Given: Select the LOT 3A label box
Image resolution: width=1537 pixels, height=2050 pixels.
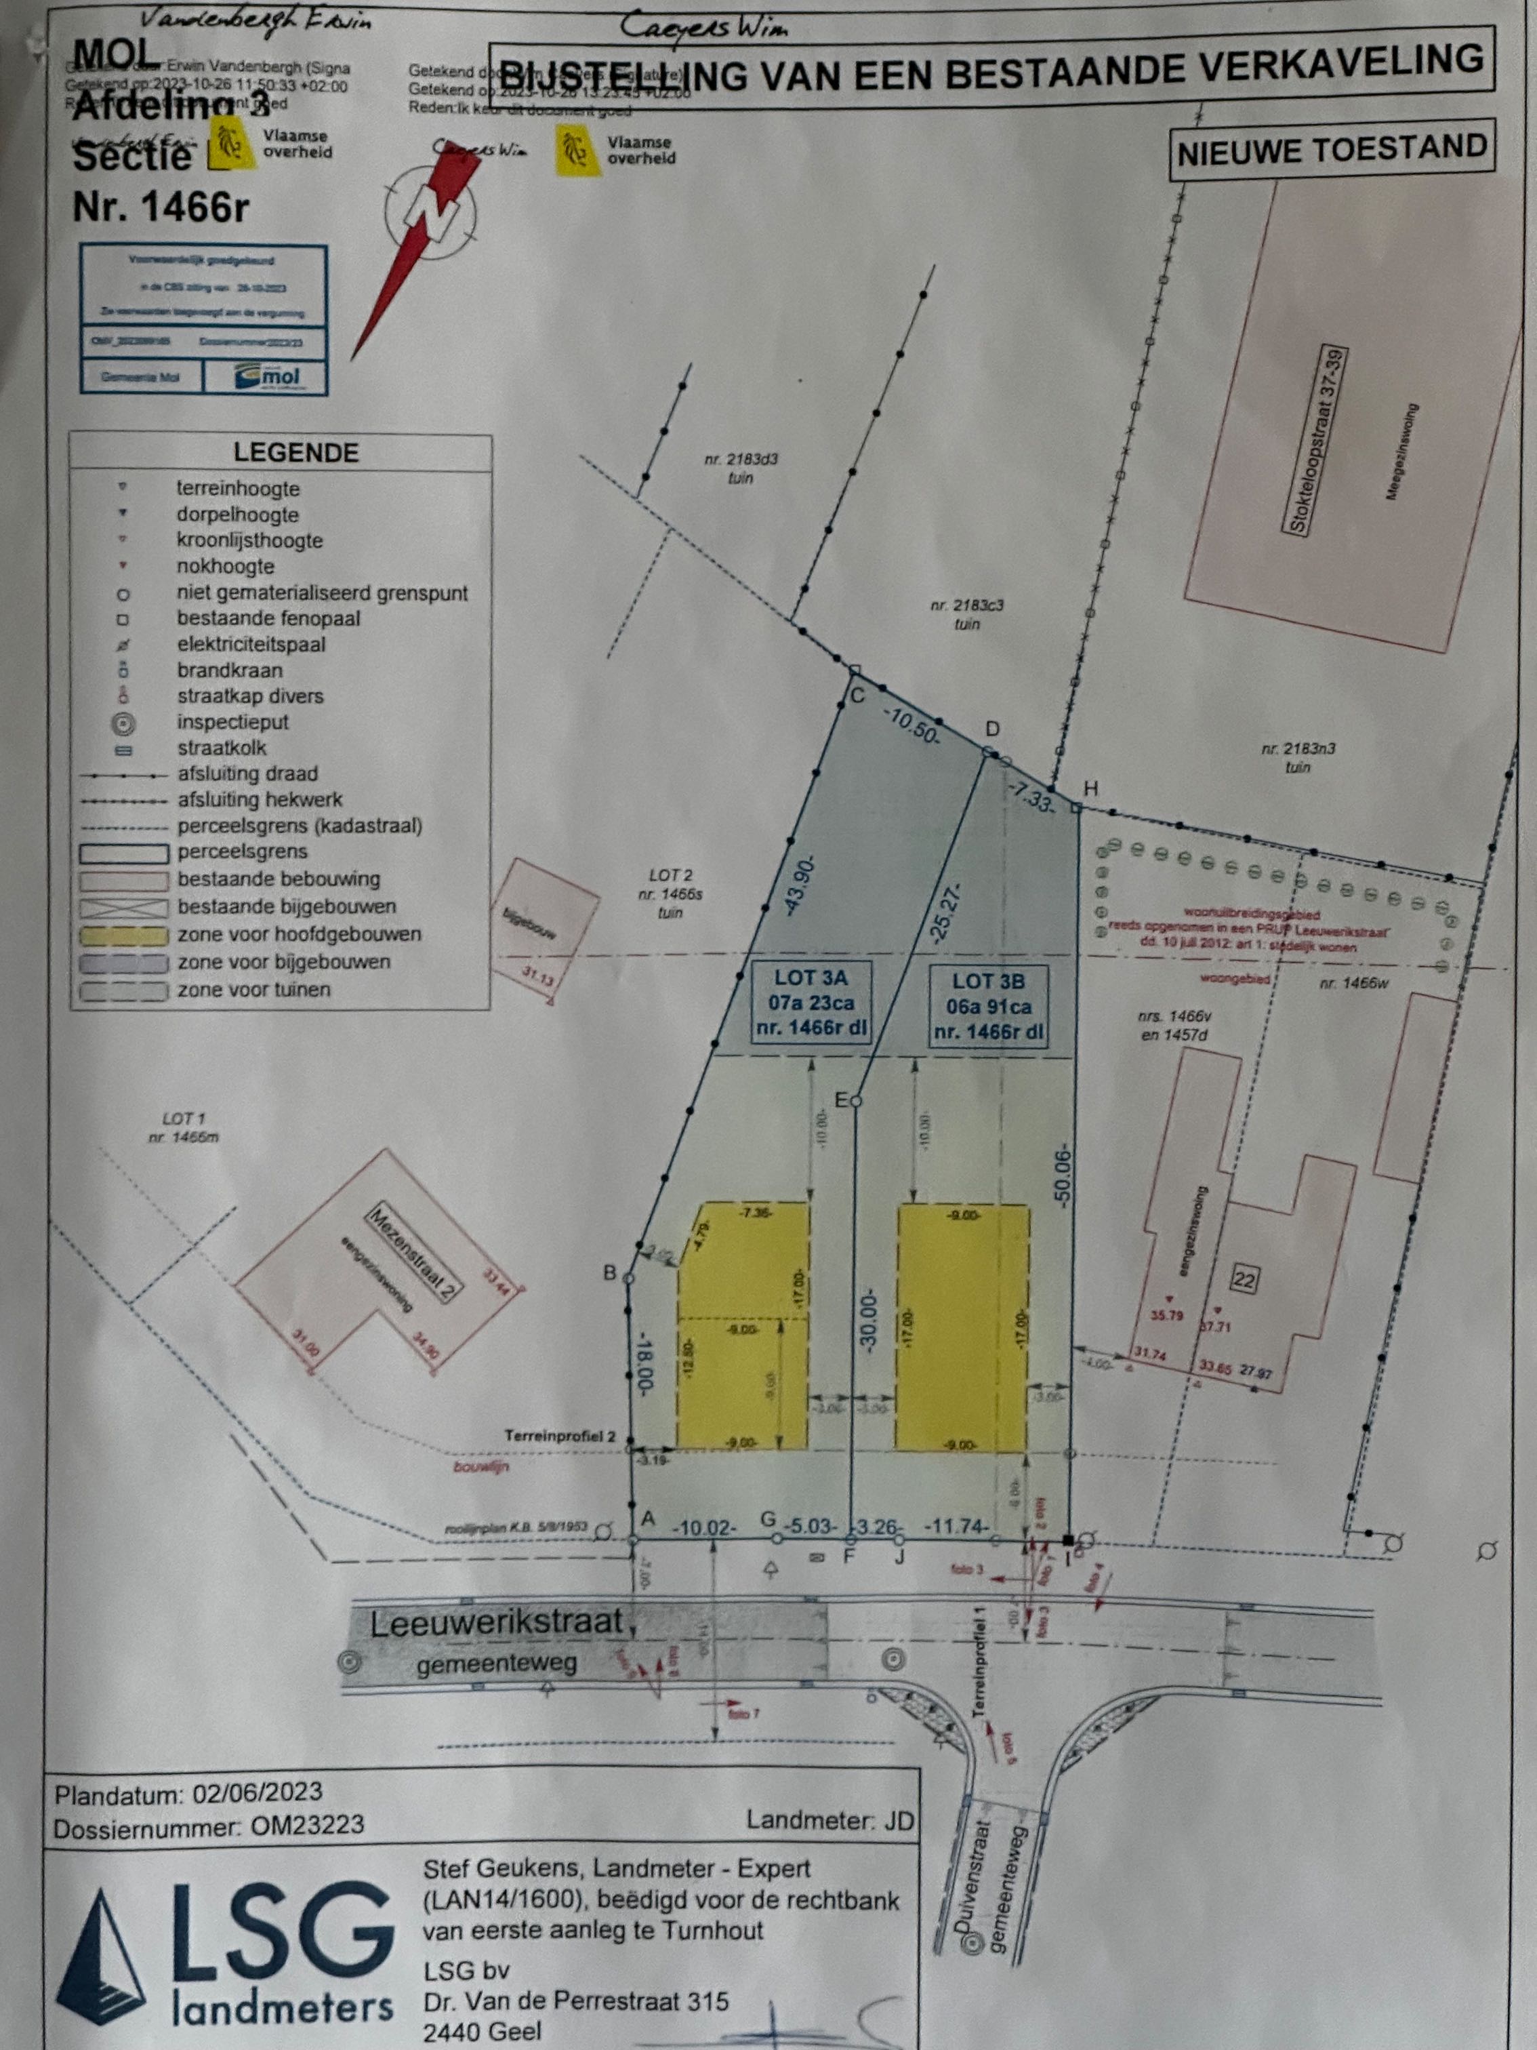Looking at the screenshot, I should (810, 1003).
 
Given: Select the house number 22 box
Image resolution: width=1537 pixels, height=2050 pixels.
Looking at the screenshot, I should (1244, 1280).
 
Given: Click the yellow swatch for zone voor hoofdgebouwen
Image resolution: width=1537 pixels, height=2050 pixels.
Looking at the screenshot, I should (124, 935).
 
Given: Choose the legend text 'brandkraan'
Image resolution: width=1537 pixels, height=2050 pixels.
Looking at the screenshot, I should (230, 670).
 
